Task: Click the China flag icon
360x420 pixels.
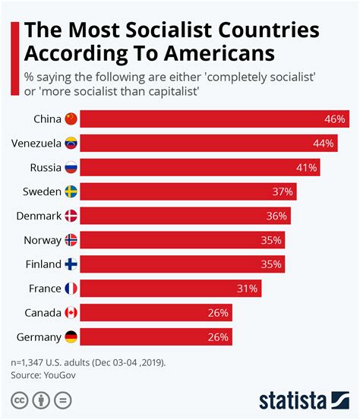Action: pos(71,118)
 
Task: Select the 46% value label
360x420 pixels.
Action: pos(335,118)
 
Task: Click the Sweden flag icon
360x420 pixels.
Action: pos(71,191)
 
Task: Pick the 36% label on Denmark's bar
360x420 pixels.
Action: pos(276,216)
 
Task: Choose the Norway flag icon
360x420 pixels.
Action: pos(71,240)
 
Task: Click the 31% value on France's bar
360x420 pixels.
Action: pos(248,289)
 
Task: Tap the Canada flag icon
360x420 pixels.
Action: pos(71,313)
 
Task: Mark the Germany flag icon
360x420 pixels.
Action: pos(71,337)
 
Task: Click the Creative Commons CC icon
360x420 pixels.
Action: pos(17,400)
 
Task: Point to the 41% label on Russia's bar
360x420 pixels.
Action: pos(306,167)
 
